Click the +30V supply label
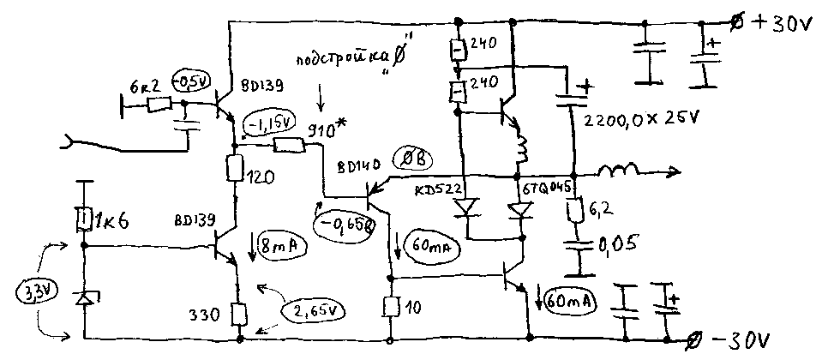point(781,23)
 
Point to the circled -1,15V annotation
point(268,125)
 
